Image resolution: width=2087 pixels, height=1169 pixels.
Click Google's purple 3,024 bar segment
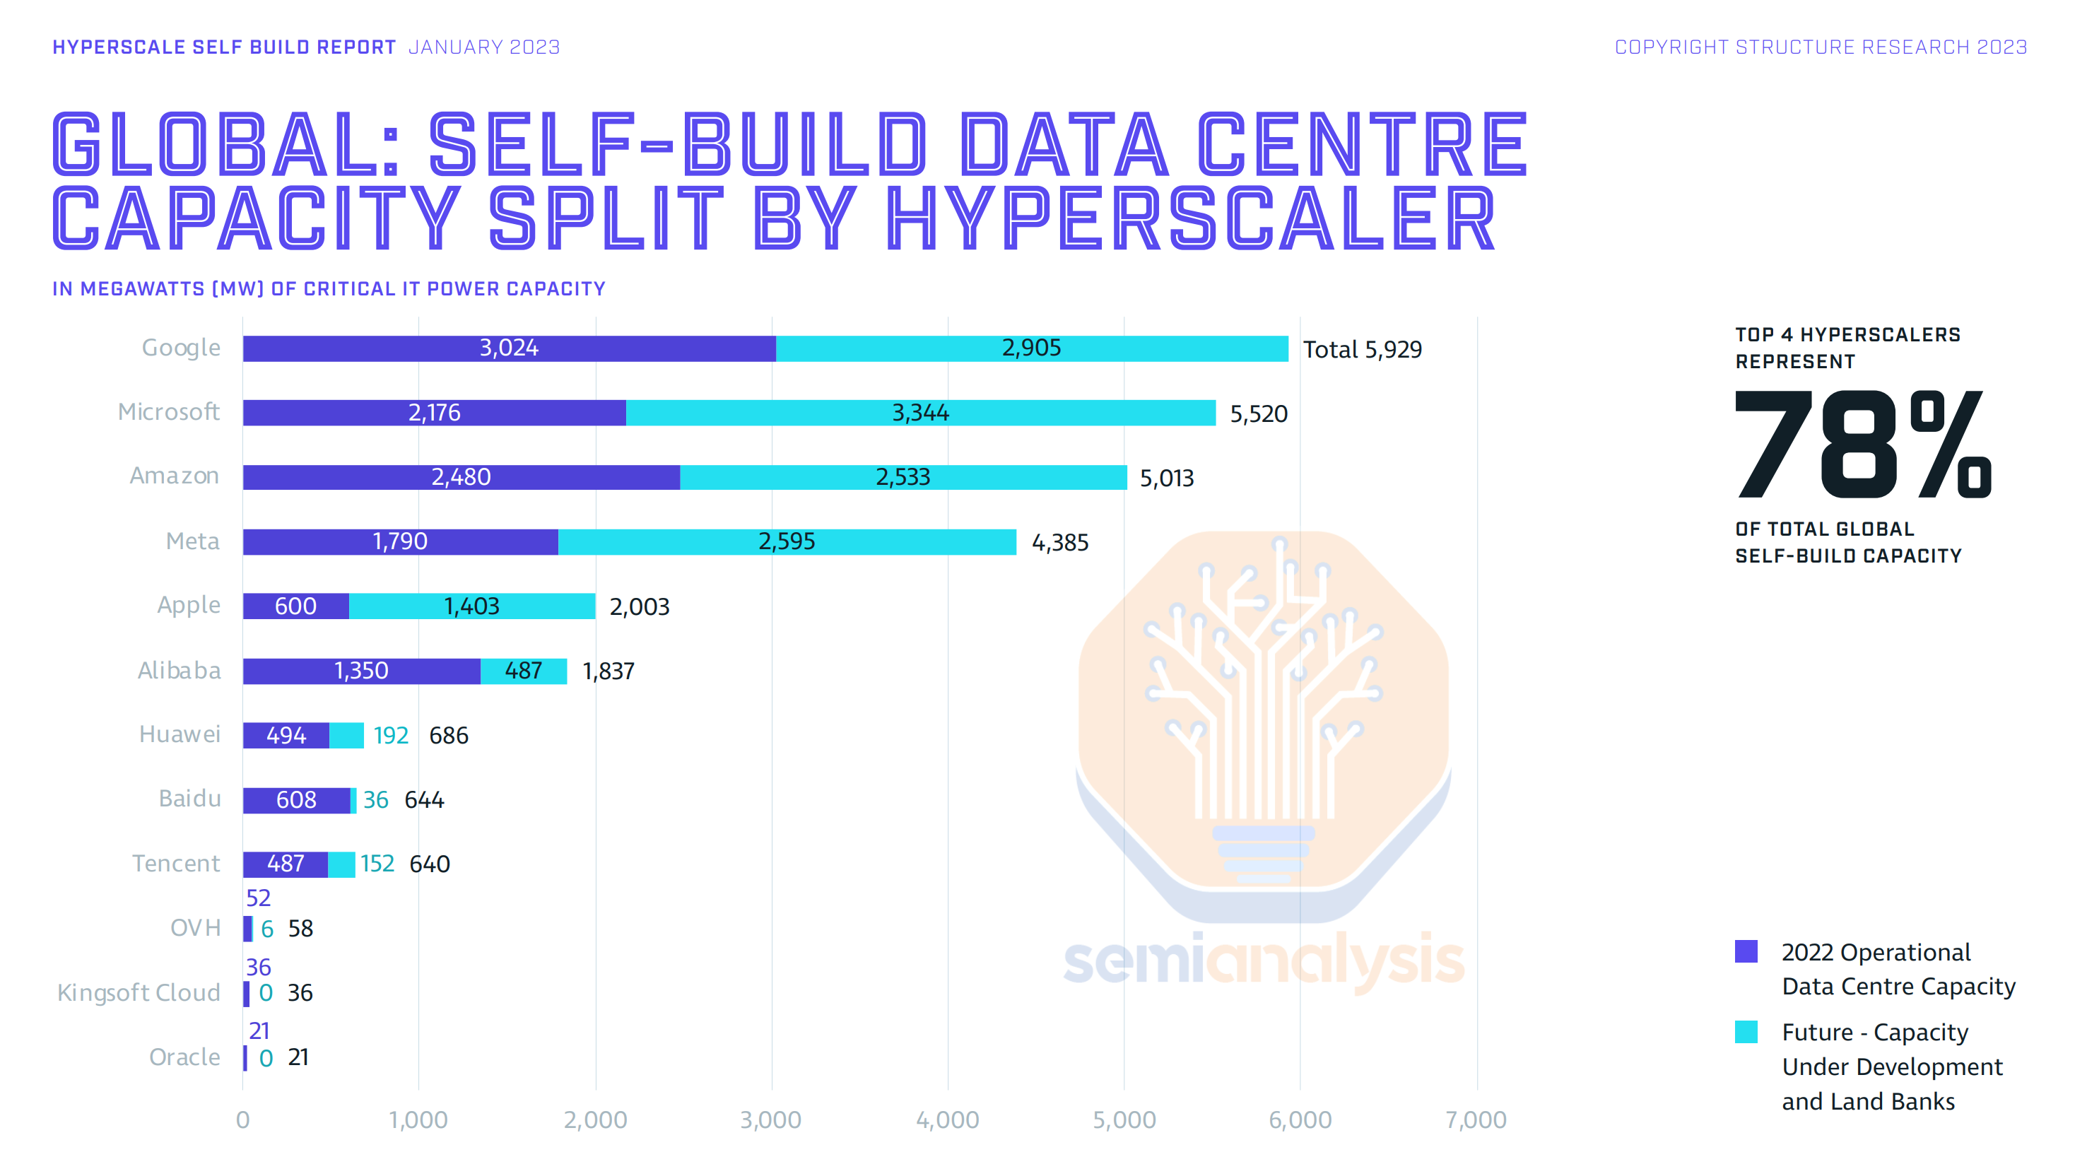tap(509, 348)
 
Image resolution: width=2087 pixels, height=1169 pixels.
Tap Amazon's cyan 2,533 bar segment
tap(903, 477)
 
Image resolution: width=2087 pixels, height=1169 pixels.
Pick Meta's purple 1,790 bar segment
tap(400, 541)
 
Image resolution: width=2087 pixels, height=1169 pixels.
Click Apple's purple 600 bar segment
tap(295, 606)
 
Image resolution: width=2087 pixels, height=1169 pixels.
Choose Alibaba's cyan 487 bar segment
tap(524, 671)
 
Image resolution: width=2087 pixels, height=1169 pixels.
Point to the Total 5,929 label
tap(1362, 349)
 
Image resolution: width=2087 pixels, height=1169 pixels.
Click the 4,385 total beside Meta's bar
tap(1059, 543)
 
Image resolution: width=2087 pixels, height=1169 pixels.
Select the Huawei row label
tap(179, 734)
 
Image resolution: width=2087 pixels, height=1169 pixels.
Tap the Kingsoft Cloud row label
tap(139, 992)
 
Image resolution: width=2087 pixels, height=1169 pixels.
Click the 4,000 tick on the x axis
tap(947, 1120)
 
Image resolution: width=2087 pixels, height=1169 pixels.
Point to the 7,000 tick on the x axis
tap(1476, 1120)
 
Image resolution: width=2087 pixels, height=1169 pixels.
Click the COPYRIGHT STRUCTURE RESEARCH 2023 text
tap(1821, 47)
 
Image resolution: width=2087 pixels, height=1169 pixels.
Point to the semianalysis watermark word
tap(1263, 960)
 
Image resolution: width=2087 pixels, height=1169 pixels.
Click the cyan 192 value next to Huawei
tap(391, 736)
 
